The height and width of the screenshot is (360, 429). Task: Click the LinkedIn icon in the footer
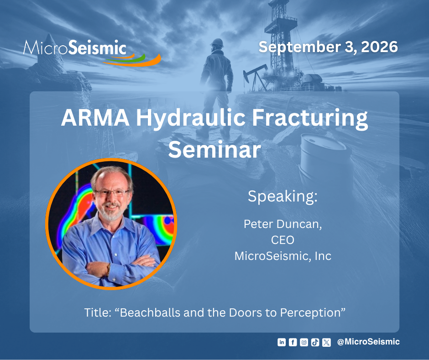click(x=282, y=342)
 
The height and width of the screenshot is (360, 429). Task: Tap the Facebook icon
click(x=293, y=342)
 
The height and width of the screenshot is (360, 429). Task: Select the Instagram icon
click(x=304, y=342)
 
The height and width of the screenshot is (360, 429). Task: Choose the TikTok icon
click(x=315, y=342)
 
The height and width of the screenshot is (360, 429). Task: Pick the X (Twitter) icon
click(x=326, y=342)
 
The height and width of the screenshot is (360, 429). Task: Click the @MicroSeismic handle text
click(x=368, y=342)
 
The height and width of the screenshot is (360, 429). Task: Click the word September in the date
click(x=299, y=48)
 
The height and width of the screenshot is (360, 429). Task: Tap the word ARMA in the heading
click(x=95, y=117)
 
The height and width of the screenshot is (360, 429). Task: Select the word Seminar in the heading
click(x=214, y=149)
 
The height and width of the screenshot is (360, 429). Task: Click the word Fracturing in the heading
click(x=310, y=118)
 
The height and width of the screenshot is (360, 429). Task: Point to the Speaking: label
click(x=283, y=196)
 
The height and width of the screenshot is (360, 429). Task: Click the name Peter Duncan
click(x=283, y=224)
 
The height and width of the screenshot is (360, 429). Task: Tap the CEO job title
click(x=283, y=240)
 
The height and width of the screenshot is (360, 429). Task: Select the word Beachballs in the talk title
click(x=150, y=312)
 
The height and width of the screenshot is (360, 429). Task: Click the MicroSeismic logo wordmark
click(x=75, y=48)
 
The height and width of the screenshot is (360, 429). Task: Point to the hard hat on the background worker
click(x=217, y=43)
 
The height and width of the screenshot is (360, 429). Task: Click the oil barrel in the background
click(x=325, y=159)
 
